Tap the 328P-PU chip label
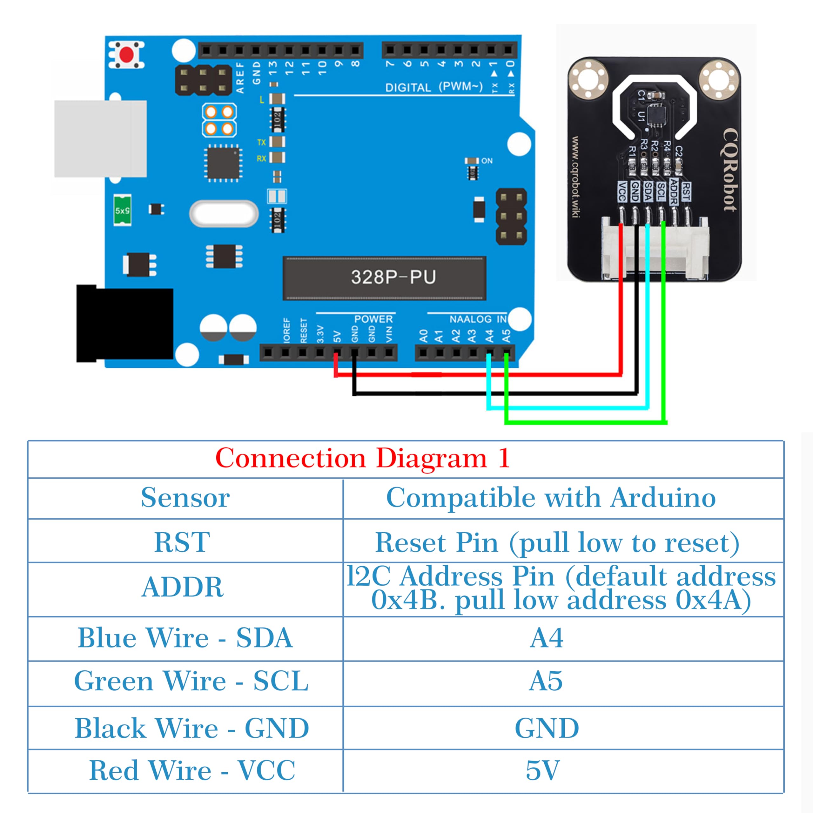[393, 277]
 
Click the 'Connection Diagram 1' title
[362, 458]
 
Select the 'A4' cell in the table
[546, 638]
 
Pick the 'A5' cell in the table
[546, 681]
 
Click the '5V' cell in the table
[543, 770]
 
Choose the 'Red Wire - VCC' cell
[192, 770]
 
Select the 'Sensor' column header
[185, 498]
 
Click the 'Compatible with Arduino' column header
[551, 498]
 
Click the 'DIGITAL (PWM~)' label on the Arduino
[433, 87]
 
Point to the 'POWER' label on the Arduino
[373, 319]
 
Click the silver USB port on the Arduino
[100, 138]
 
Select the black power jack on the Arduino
[124, 323]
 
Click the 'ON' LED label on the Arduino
[487, 161]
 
